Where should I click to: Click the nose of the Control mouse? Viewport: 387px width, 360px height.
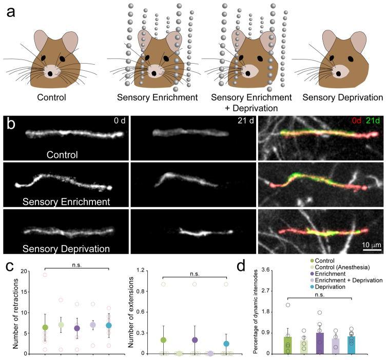[x=50, y=73]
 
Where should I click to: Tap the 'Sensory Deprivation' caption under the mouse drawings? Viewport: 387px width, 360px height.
[x=342, y=97]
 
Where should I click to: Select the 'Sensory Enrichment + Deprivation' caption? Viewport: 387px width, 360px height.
[x=246, y=102]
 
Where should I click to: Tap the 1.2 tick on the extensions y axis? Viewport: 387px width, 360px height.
[x=154, y=271]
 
